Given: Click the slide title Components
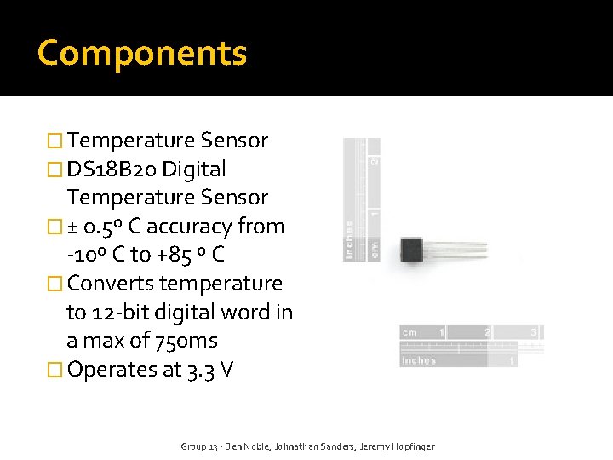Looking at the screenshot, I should tap(142, 53).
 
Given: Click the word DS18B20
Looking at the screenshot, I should tap(112, 169).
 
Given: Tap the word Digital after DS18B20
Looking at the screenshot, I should tap(194, 169).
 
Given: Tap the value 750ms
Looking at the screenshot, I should tap(186, 341).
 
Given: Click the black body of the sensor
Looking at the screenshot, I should tap(411, 250).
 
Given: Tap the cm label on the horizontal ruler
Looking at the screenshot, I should tap(410, 332).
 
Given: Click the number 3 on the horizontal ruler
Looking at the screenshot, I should tap(534, 332).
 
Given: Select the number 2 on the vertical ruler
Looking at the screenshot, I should tap(372, 160).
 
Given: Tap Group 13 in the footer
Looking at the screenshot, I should tap(199, 446).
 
